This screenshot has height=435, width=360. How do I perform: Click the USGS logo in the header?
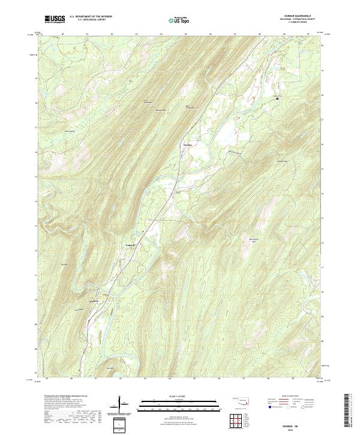click(x=55, y=19)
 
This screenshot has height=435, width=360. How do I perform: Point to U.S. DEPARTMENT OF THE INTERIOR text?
click(x=91, y=17)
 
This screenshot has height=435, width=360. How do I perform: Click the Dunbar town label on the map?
click(x=187, y=145)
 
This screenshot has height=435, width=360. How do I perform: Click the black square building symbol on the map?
click(x=277, y=98)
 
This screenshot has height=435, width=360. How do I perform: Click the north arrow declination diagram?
click(x=122, y=408)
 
